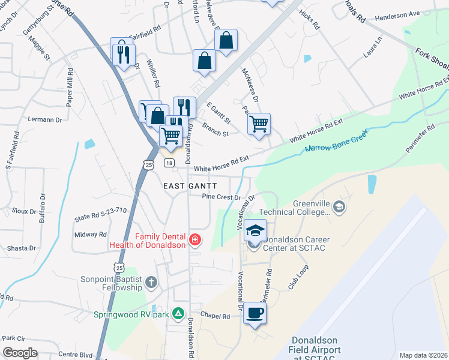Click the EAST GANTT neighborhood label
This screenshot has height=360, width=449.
coord(190,187)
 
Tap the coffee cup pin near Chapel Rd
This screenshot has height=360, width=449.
coord(255,313)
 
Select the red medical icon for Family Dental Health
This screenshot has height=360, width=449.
coord(194,241)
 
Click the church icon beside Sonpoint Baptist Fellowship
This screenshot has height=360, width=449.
coord(151,281)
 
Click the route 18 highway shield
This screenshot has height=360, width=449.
coord(170,163)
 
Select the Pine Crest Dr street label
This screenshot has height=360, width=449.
coord(221,197)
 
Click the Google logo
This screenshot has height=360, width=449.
coord(20,353)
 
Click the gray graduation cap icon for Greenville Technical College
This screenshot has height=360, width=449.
coord(340,207)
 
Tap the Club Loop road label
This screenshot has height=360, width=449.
coord(298,277)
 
